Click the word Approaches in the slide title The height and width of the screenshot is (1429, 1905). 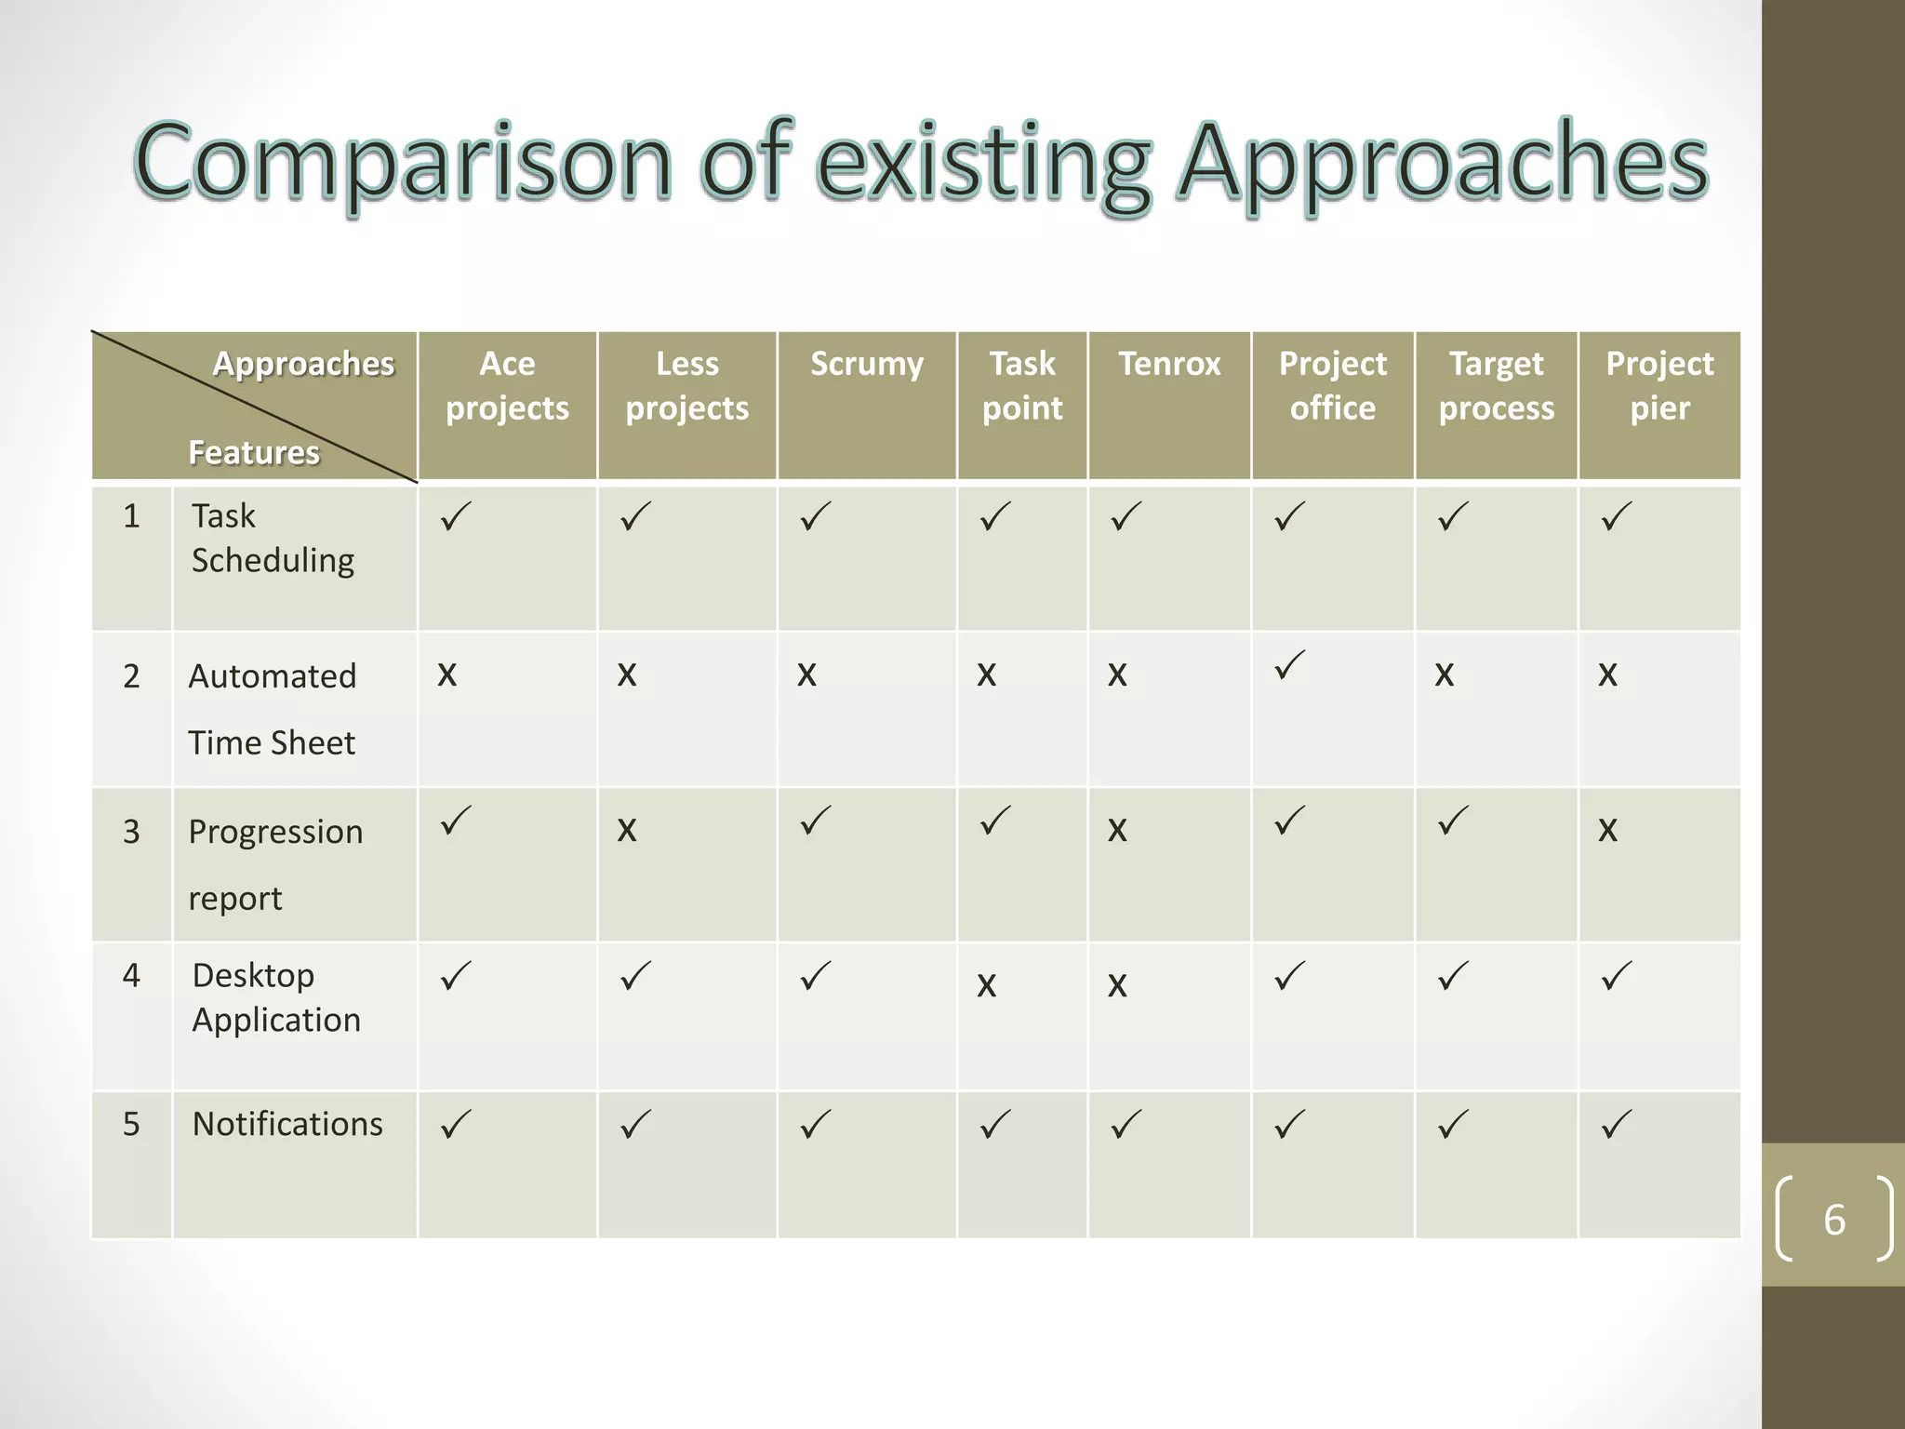pyautogui.click(x=1442, y=164)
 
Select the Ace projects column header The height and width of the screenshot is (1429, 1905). pyautogui.click(x=507, y=385)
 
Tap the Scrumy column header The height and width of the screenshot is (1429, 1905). pyautogui.click(x=867, y=364)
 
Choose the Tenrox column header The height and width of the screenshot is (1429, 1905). pyautogui.click(x=1169, y=364)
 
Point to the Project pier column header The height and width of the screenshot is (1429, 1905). pyautogui.click(x=1659, y=385)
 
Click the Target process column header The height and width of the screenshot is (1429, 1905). pyautogui.click(x=1496, y=385)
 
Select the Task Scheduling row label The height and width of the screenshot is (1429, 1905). pyautogui.click(x=272, y=538)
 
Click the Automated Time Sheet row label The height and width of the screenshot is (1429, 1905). pyautogui.click(x=272, y=709)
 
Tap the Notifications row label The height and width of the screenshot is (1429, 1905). pyautogui.click(x=286, y=1124)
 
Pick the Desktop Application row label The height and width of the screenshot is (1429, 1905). pyautogui.click(x=275, y=997)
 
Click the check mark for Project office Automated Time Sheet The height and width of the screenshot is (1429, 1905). pyautogui.click(x=1290, y=665)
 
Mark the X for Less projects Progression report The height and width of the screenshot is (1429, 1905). pyautogui.click(x=627, y=830)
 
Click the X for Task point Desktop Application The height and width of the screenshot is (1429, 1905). pyautogui.click(x=986, y=985)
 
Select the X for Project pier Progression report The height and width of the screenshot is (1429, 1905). pyautogui.click(x=1607, y=830)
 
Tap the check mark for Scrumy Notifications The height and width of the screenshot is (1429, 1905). pyautogui.click(x=815, y=1125)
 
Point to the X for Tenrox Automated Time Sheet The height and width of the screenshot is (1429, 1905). pyautogui.click(x=1117, y=674)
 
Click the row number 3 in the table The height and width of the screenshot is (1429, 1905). pyautogui.click(x=131, y=831)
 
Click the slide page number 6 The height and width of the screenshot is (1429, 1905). pyautogui.click(x=1833, y=1220)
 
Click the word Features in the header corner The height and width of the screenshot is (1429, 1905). pyautogui.click(x=253, y=452)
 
